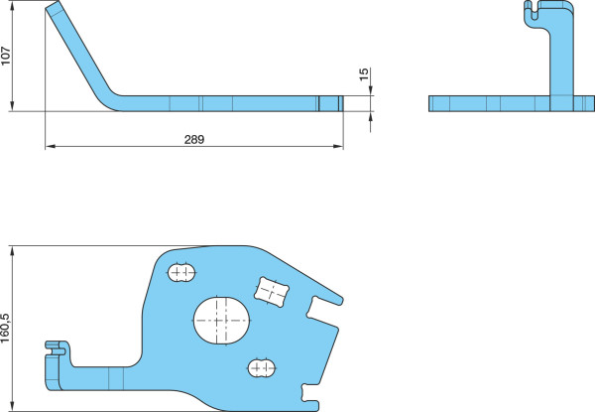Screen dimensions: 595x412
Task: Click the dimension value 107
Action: coord(5,57)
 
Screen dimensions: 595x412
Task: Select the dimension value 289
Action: coord(194,139)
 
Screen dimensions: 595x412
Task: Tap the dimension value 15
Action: coord(364,74)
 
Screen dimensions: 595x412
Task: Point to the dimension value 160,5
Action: coord(5,328)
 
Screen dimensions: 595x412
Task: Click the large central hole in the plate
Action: coord(221,321)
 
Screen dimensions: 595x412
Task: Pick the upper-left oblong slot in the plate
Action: coord(181,272)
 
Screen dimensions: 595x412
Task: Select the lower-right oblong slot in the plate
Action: coord(262,367)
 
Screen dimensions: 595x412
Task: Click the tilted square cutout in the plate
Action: coord(272,292)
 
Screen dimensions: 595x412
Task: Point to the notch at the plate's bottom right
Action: coord(310,393)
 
